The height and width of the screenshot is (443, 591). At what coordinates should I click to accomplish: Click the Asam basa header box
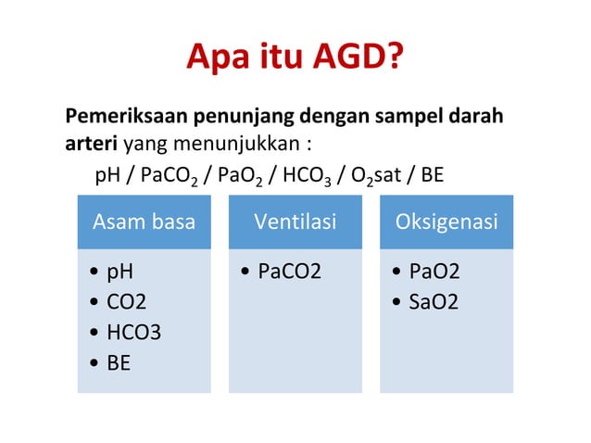tap(144, 222)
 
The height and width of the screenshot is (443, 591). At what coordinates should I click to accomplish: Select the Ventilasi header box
tap(295, 222)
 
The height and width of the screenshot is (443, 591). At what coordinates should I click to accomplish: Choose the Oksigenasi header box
tap(446, 222)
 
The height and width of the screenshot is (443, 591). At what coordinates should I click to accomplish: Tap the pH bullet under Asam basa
tap(120, 272)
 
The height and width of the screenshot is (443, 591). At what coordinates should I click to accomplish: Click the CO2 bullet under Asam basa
tap(127, 302)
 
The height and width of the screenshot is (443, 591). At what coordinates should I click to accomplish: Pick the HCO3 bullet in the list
tap(133, 332)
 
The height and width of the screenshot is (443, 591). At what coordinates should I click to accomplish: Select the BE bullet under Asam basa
tap(119, 362)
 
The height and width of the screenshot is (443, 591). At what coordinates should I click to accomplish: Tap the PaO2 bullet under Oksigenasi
tap(434, 272)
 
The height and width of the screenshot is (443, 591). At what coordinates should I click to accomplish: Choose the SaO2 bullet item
tap(434, 302)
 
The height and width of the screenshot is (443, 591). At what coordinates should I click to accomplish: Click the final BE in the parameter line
tap(433, 175)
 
